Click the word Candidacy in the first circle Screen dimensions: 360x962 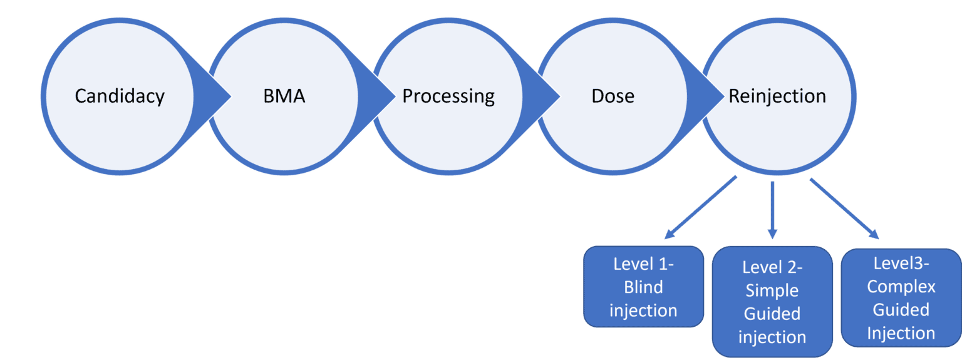coord(120,96)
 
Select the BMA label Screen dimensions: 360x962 coord(284,96)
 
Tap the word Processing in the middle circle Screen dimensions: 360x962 coord(448,96)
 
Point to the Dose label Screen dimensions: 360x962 coord(613,96)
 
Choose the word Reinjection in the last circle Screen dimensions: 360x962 coord(777,96)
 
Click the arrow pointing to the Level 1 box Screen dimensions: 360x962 coord(700,208)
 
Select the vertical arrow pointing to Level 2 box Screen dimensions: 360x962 coord(772,210)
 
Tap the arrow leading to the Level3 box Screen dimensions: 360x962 coord(844,208)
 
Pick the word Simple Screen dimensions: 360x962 coord(772,291)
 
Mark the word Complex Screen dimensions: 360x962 coord(901,287)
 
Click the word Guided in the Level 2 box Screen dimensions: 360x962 coord(772,314)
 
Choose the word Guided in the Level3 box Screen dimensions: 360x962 coord(901,310)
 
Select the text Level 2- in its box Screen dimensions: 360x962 coord(772,267)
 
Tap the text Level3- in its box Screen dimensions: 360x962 coord(901,264)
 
